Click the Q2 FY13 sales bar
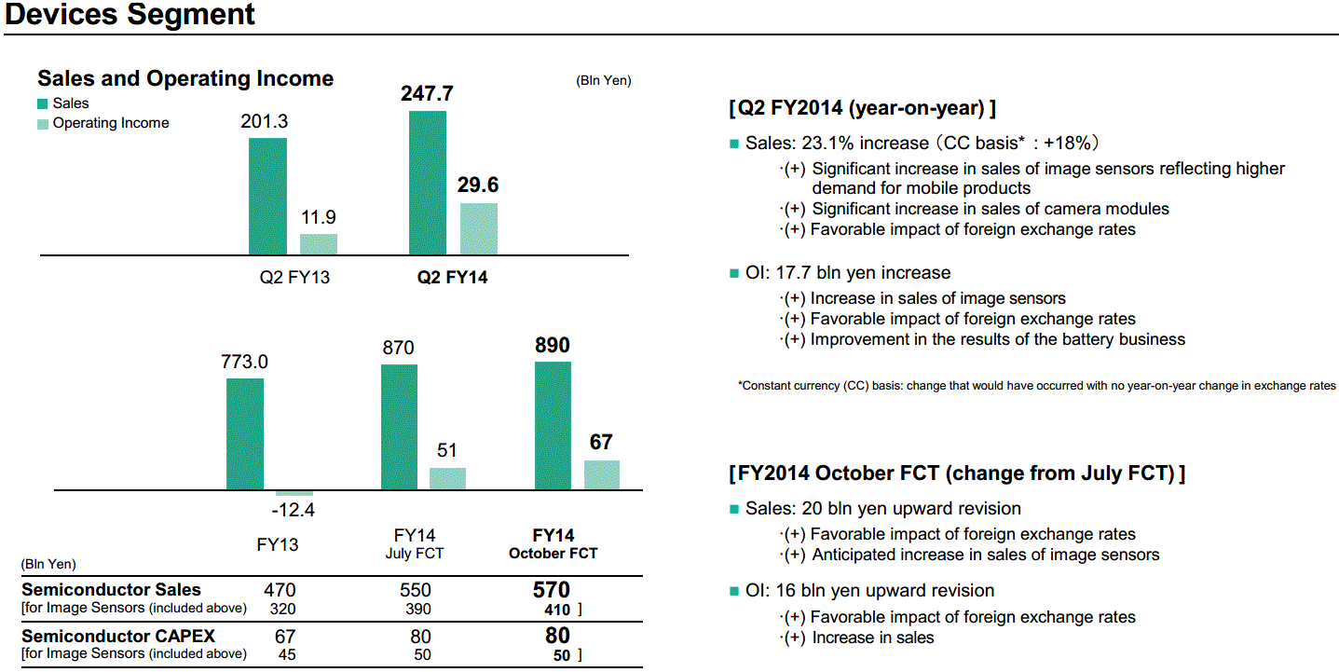[267, 196]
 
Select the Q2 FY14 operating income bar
[479, 228]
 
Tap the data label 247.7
[427, 94]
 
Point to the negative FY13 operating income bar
[294, 493]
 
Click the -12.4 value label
[293, 511]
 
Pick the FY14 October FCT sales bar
[553, 425]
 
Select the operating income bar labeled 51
[447, 478]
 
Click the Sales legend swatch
[43, 103]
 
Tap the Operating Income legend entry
[110, 123]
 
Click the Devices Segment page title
[130, 15]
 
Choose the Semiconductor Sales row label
[111, 590]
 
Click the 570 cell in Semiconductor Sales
[551, 590]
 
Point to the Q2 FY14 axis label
[452, 277]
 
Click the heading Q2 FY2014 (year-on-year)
[862, 108]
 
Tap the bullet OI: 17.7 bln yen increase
[847, 273]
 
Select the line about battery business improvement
[997, 339]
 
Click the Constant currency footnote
[1036, 386]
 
